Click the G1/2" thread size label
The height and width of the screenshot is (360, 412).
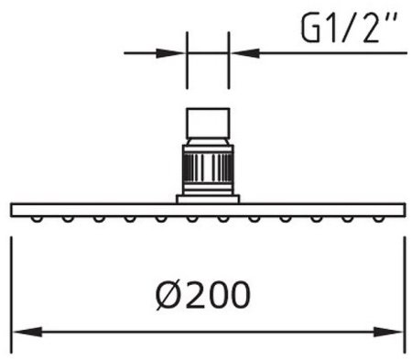pos(350,28)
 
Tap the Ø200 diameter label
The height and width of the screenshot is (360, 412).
pos(203,294)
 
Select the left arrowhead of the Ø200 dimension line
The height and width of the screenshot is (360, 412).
pos(28,332)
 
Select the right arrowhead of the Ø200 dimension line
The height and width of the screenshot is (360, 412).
pos(388,332)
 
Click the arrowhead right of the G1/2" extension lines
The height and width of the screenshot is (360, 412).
pos(246,53)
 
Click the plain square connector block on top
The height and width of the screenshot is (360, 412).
pos(208,123)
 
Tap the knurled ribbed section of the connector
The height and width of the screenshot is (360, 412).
pos(208,168)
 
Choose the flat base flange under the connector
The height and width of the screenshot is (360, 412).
pos(208,199)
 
